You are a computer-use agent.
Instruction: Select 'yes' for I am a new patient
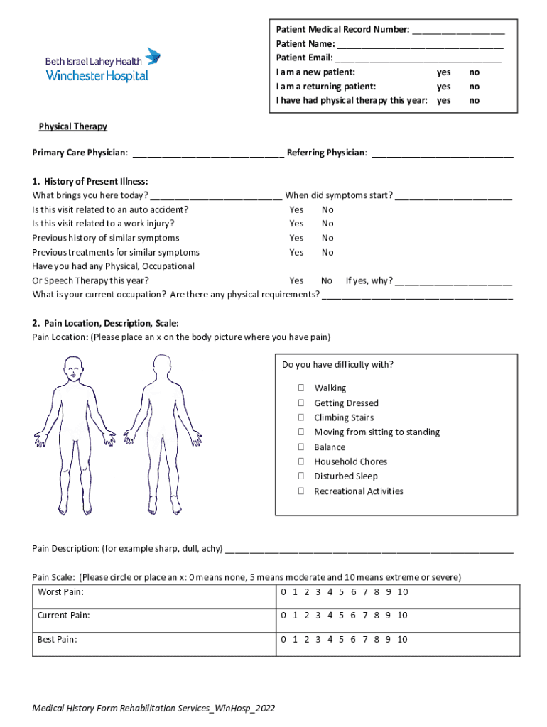[443, 72]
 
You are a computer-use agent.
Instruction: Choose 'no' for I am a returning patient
[475, 87]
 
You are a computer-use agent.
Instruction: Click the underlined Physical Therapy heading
[72, 126]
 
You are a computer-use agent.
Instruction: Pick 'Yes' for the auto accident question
[296, 209]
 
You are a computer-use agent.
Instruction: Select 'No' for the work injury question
[327, 224]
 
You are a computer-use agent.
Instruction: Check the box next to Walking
[301, 388]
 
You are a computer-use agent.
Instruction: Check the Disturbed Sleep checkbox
[301, 476]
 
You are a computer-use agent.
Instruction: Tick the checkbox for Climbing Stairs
[301, 417]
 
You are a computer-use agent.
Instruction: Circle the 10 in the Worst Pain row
[402, 592]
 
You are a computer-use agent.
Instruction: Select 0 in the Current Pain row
[284, 616]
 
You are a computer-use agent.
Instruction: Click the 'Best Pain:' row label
[57, 639]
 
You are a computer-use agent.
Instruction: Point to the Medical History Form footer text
[153, 709]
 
